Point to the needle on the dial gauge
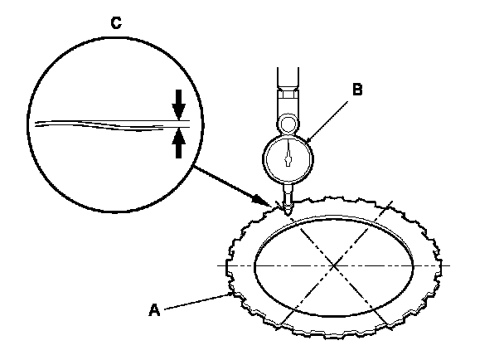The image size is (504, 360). [x=288, y=151]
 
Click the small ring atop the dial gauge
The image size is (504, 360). [x=287, y=124]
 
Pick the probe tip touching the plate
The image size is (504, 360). [x=286, y=212]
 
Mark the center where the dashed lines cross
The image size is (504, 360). [x=332, y=265]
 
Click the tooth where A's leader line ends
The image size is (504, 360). [x=230, y=292]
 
